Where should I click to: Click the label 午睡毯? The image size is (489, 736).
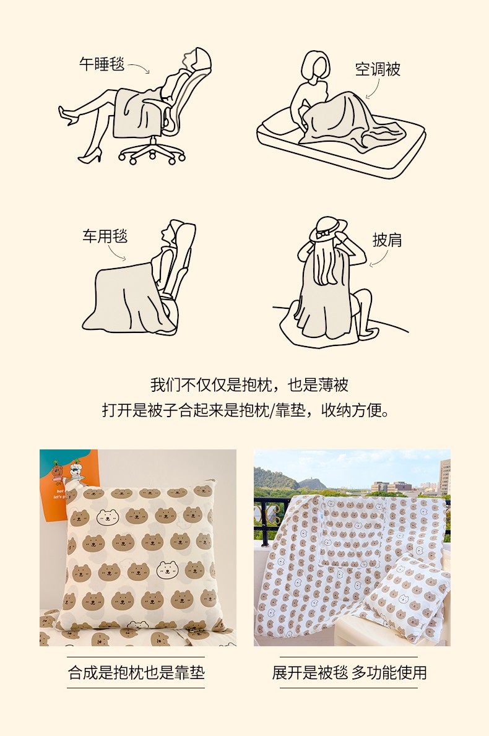click(x=102, y=64)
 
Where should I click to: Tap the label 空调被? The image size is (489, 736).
click(x=378, y=69)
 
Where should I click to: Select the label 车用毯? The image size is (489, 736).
click(x=105, y=236)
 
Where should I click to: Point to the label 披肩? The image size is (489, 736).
click(x=387, y=240)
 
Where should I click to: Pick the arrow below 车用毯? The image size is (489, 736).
click(x=116, y=253)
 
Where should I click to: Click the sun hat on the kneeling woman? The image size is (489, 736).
click(x=328, y=228)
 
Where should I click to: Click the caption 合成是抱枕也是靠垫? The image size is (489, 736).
click(x=136, y=673)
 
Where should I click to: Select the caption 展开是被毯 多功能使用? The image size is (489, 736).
click(x=349, y=673)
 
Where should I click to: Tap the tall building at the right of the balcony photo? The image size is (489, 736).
click(x=444, y=477)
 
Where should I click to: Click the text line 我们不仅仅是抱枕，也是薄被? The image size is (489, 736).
click(x=249, y=385)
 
